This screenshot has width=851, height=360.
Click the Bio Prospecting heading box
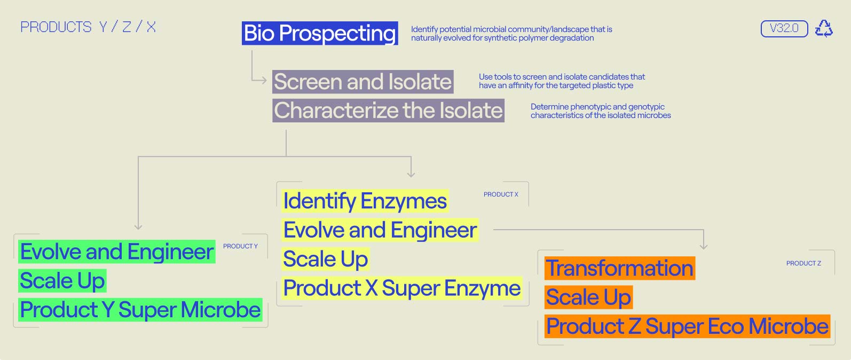(320, 33)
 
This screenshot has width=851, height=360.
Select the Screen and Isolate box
(363, 82)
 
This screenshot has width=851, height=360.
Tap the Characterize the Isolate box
(388, 111)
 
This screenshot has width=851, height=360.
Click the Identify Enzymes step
(365, 201)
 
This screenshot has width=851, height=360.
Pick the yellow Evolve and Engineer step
(380, 230)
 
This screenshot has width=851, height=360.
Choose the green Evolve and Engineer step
(116, 252)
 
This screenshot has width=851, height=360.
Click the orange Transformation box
(620, 268)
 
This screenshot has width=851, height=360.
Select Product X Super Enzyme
(402, 288)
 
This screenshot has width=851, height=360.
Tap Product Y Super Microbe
(140, 310)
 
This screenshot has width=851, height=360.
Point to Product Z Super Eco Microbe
(687, 326)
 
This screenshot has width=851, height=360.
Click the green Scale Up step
(62, 281)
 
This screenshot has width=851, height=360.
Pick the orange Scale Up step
(588, 298)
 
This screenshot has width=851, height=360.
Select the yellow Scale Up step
(326, 259)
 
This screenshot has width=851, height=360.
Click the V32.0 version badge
(784, 28)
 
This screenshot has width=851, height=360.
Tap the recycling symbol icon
(824, 28)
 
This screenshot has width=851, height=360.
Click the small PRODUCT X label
(501, 194)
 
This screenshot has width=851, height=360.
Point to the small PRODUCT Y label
(240, 246)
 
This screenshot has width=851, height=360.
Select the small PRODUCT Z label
(803, 263)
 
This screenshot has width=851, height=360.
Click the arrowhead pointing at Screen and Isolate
(264, 80)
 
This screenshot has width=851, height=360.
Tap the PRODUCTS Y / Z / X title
(88, 27)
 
